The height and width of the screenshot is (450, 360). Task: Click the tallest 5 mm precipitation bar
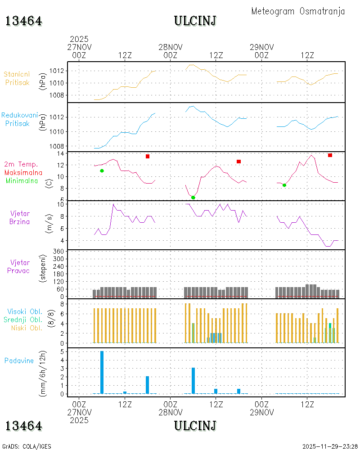click(x=102, y=372)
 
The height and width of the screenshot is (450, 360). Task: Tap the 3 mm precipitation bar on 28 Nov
click(x=193, y=381)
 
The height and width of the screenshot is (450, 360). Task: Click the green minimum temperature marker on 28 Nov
click(x=193, y=198)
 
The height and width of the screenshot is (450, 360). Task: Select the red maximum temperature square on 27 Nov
click(x=148, y=157)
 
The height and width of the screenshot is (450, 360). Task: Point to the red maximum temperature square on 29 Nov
click(x=330, y=155)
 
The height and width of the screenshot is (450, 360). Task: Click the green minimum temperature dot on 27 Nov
click(x=102, y=171)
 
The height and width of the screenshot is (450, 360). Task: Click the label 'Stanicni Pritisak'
click(x=17, y=78)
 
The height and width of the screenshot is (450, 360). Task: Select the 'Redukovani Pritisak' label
click(x=19, y=119)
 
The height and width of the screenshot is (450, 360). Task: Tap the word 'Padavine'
click(x=19, y=361)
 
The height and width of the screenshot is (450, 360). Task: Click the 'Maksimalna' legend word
click(x=23, y=173)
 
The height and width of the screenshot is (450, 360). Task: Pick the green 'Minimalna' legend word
click(x=22, y=181)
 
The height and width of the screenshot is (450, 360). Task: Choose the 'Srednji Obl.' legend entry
click(x=23, y=319)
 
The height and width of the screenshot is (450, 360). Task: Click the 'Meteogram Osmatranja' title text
click(x=298, y=11)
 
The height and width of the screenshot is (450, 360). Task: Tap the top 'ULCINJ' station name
click(x=195, y=21)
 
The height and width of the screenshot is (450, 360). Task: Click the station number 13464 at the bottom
click(x=23, y=426)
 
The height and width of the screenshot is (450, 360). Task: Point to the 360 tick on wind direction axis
click(x=58, y=252)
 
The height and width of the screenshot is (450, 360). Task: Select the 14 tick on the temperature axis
click(x=61, y=153)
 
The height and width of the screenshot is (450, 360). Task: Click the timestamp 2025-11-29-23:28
click(x=330, y=446)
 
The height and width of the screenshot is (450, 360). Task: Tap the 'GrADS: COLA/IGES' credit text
click(x=27, y=446)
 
